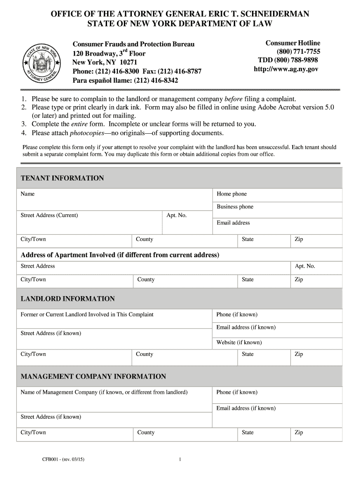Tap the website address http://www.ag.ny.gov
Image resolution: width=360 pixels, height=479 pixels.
(x=286, y=69)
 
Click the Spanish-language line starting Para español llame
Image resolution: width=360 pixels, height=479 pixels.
(x=125, y=80)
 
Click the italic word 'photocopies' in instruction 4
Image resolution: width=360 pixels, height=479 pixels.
(x=86, y=133)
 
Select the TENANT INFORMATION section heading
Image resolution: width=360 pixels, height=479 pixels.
(x=62, y=178)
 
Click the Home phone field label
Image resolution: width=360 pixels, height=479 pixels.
(x=231, y=194)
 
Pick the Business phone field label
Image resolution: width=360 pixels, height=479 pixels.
(x=235, y=207)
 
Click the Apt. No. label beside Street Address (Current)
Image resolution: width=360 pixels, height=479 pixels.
(x=176, y=215)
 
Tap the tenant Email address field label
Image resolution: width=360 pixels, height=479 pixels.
(x=233, y=223)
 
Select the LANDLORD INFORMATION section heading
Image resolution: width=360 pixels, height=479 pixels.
(x=67, y=299)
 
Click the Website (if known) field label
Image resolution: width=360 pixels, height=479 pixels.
(x=238, y=342)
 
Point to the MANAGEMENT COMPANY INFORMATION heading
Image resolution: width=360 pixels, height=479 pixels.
(x=93, y=377)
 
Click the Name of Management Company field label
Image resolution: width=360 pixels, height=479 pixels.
(x=104, y=392)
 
